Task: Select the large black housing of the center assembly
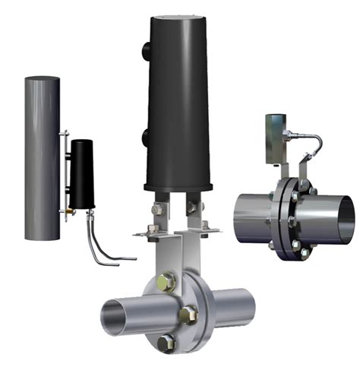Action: pyautogui.click(x=179, y=106)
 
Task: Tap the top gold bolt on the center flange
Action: pyautogui.click(x=166, y=283)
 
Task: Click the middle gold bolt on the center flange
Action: pyautogui.click(x=188, y=313)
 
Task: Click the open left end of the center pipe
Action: pyautogui.click(x=114, y=313)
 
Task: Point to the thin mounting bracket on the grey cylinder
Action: pyautogui.click(x=65, y=175)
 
